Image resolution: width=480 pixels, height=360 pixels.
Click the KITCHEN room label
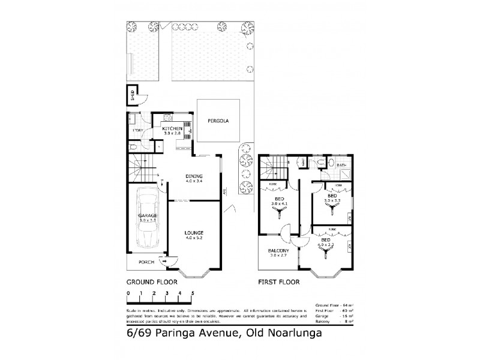[172, 129]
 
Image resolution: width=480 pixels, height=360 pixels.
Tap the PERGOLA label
[218, 121]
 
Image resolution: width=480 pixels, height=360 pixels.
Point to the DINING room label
[194, 176]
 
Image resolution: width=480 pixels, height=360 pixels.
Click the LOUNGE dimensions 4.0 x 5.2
[194, 238]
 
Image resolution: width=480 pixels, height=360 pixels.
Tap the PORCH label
[146, 262]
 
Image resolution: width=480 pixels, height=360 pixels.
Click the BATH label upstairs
[341, 165]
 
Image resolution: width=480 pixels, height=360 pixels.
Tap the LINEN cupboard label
[304, 162]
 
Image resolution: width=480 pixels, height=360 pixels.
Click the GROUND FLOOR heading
[148, 281]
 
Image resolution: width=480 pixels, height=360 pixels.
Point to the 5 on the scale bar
[193, 293]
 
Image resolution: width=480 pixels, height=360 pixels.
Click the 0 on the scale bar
[128, 293]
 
